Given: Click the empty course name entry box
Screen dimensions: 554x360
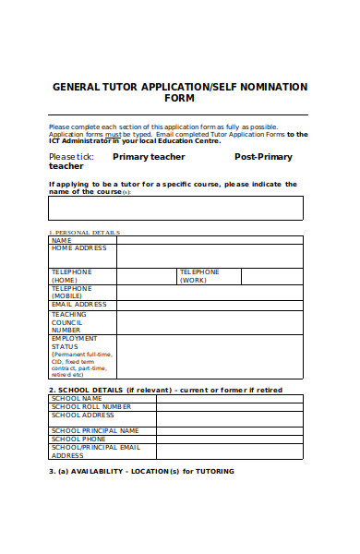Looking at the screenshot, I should [175, 208].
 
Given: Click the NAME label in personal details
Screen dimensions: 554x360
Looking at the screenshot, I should [61, 240].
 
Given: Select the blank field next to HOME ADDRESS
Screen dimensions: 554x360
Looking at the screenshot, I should [210, 256].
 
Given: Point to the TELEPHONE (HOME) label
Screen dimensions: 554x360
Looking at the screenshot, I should [71, 275].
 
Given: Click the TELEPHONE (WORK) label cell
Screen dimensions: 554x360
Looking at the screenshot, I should [199, 275].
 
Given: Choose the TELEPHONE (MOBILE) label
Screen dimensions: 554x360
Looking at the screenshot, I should [71, 292].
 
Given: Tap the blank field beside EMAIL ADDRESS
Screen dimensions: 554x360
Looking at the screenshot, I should [210, 305].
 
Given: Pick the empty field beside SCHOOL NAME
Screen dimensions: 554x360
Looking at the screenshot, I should [229, 399].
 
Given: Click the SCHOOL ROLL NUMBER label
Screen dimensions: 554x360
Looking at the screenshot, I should [91, 406].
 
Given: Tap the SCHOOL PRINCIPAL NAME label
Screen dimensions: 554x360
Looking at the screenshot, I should [95, 430].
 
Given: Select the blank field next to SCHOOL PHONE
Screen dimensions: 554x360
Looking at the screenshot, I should [229, 439].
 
